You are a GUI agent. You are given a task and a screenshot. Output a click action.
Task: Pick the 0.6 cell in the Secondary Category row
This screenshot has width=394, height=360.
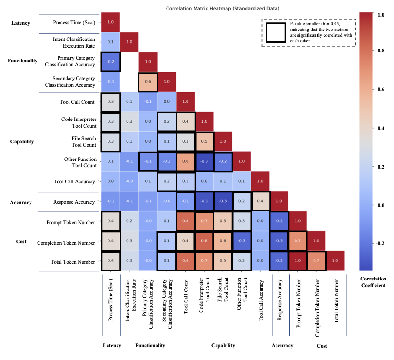148,81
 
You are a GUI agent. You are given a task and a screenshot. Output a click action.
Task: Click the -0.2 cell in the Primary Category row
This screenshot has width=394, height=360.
110,62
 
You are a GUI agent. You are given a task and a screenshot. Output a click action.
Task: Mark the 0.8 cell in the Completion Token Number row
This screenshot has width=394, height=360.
204,241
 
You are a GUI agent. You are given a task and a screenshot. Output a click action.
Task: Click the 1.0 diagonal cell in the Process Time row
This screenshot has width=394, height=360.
110,22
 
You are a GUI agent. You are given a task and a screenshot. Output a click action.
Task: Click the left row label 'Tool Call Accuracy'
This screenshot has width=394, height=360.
75,181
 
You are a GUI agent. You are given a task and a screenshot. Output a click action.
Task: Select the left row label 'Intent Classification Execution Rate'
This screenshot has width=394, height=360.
74,42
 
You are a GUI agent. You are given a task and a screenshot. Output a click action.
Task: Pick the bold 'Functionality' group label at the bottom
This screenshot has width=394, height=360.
150,346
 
